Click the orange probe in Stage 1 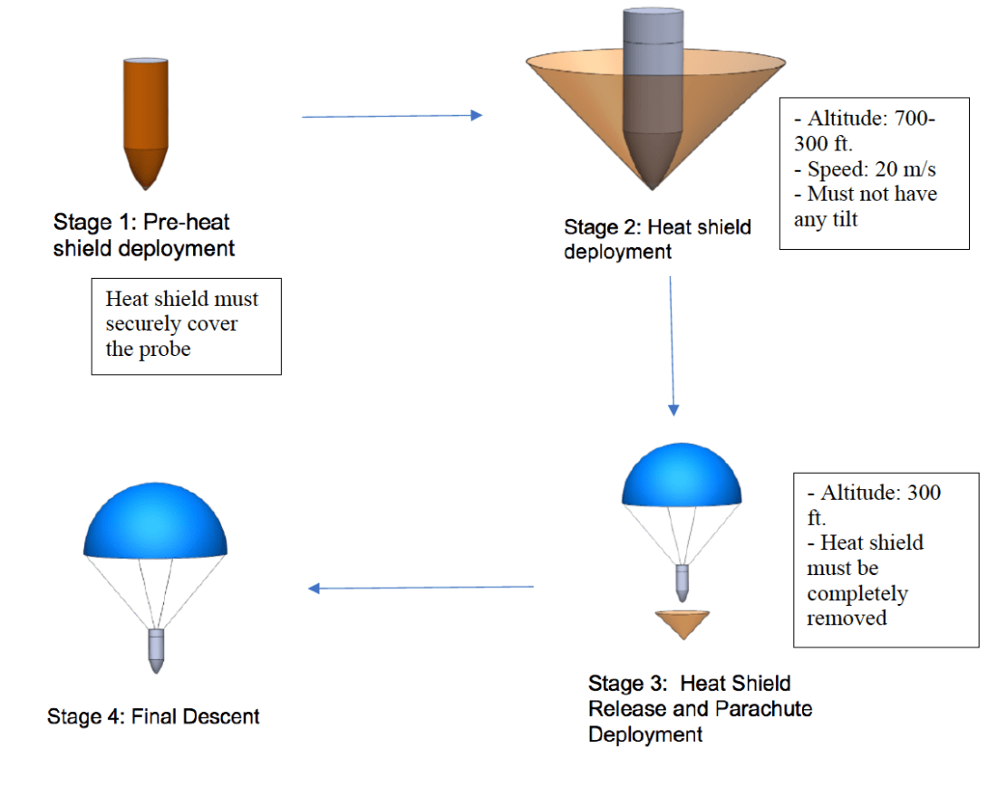145,118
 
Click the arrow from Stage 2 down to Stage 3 672,344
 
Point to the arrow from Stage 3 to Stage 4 421,588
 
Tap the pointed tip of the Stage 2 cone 653,187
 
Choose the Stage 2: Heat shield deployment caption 657,239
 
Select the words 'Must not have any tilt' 865,206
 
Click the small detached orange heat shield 682,623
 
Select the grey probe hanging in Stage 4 156,649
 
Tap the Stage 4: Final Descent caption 153,717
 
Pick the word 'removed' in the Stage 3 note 847,619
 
